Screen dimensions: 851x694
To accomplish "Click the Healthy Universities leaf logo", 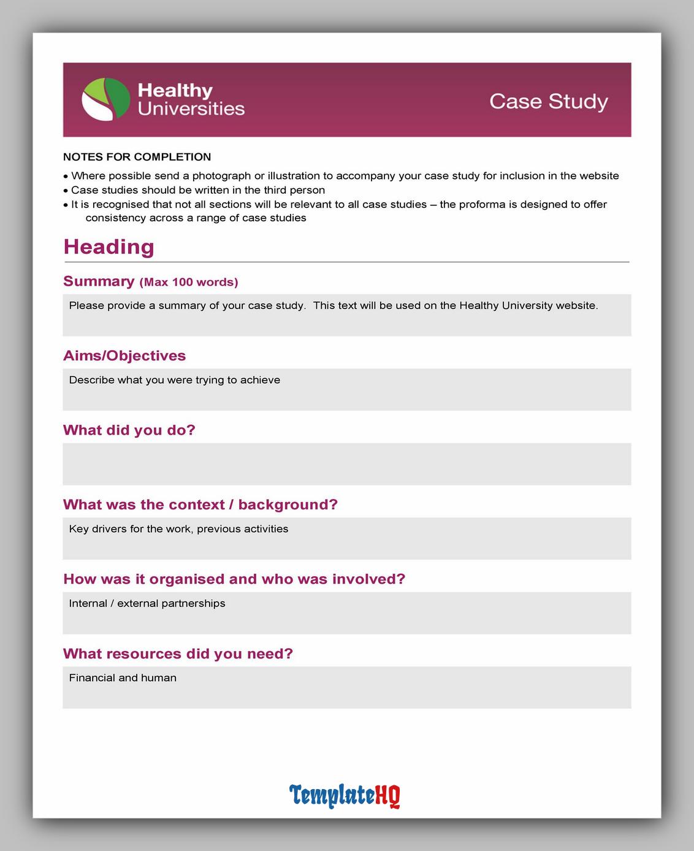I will pos(105,99).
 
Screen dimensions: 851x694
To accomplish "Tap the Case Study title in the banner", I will pos(548,101).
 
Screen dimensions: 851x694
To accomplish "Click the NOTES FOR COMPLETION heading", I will pos(137,157).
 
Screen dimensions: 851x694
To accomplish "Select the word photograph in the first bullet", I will pos(221,176).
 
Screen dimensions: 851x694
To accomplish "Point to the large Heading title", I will pos(109,246).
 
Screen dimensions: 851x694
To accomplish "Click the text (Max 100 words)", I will pos(189,282).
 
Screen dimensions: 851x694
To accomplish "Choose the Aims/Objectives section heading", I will pos(124,356).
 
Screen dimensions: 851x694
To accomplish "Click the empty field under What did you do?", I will pos(346,464).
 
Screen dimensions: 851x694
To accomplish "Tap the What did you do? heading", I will pos(129,430).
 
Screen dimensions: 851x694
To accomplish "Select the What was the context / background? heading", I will pos(200,505).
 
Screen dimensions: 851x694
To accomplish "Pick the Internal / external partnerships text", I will pos(147,603).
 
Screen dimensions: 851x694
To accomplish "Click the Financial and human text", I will pos(123,678).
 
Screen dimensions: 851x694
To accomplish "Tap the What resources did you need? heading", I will pos(178,654).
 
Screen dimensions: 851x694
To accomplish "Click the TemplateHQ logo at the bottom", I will pos(345,795).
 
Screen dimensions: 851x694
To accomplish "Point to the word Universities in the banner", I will pos(191,109).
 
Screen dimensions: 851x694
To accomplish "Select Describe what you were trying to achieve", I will pos(175,380).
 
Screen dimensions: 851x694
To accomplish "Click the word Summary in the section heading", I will pos(99,281).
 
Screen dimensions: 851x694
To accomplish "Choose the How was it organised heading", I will pos(234,579).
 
